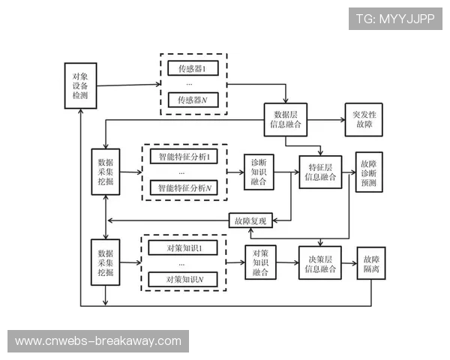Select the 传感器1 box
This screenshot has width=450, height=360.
[192, 69]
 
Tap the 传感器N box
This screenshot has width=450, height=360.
[192, 100]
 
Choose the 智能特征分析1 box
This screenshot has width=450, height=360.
[183, 157]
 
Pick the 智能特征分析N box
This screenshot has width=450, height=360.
[183, 187]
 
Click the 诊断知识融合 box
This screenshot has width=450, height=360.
[259, 172]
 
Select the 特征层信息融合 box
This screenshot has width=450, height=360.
[320, 172]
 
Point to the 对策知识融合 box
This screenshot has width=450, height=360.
[261, 262]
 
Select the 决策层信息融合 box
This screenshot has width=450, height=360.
[320, 262]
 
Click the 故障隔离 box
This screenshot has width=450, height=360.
[370, 262]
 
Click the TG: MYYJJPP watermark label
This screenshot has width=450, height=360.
[395, 17]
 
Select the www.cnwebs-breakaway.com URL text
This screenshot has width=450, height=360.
[98, 341]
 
